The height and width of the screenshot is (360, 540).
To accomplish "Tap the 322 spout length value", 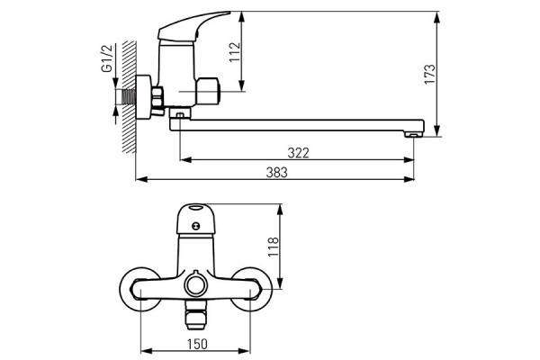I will click(299, 153).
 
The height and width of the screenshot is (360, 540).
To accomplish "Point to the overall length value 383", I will click(276, 173).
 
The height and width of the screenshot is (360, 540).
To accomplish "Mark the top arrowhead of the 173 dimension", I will click(436, 16).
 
